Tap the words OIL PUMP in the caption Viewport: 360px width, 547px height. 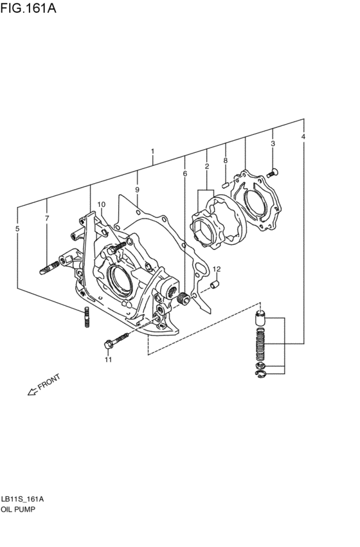click(x=19, y=508)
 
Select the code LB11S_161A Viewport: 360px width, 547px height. click(x=22, y=498)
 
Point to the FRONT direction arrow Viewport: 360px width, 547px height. click(x=43, y=385)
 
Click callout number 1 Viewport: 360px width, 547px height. click(x=152, y=152)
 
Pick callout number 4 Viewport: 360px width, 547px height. click(x=303, y=136)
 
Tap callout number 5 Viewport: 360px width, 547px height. click(x=17, y=229)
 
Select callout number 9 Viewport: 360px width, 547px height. click(x=137, y=190)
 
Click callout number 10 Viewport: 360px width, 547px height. click(x=101, y=204)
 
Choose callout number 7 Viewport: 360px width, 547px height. click(x=47, y=219)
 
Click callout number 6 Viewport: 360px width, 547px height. click(x=184, y=174)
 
